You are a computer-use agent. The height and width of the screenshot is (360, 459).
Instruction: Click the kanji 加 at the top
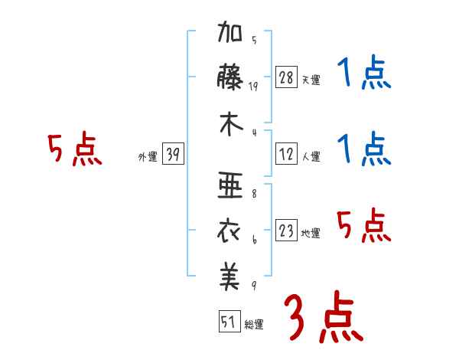(232, 35)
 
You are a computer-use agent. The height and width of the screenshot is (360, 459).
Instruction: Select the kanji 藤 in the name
(232, 80)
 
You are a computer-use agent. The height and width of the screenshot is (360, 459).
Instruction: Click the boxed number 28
(285, 77)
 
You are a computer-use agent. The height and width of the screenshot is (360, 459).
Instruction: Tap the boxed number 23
(286, 231)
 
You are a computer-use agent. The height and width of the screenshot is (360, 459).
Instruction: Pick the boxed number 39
(174, 155)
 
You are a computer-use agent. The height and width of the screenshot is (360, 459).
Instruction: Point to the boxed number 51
(229, 322)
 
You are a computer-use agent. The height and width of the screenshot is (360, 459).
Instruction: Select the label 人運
(311, 157)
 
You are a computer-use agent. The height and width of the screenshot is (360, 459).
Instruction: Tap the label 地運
(311, 234)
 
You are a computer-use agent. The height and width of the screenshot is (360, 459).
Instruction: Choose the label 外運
(148, 157)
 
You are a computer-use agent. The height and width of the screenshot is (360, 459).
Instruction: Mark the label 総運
(254, 325)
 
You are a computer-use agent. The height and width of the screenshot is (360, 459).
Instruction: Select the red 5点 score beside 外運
(74, 150)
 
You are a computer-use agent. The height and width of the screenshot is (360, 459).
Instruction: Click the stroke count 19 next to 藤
(254, 87)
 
